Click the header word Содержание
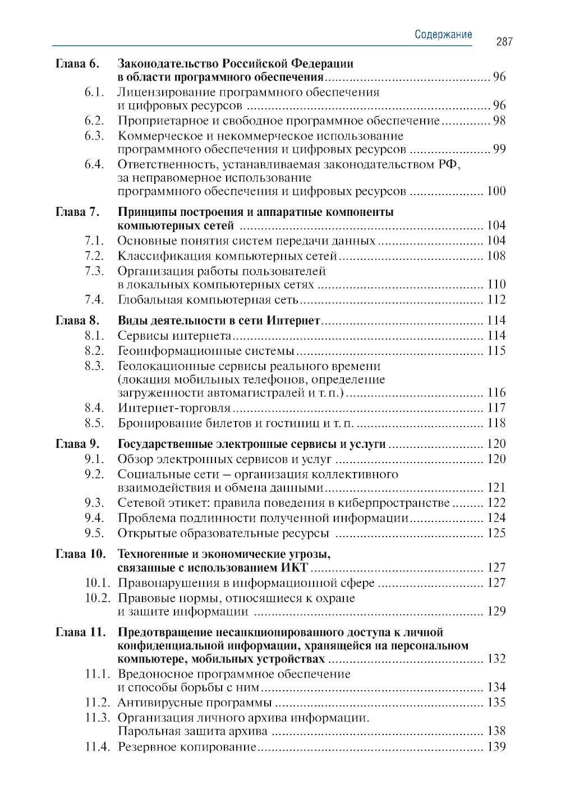[x=443, y=34]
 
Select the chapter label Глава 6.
[x=77, y=63]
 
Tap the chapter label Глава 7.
[x=77, y=212]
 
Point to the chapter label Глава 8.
[x=77, y=320]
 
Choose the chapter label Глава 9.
[x=77, y=444]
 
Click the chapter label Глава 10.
[x=81, y=554]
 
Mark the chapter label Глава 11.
[x=81, y=632]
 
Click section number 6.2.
[x=95, y=121]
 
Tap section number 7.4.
[x=95, y=299]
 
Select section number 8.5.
[x=95, y=423]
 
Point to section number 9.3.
[x=95, y=502]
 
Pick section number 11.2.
[x=97, y=702]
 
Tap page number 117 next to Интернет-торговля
[x=496, y=408]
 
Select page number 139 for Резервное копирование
[x=496, y=747]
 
